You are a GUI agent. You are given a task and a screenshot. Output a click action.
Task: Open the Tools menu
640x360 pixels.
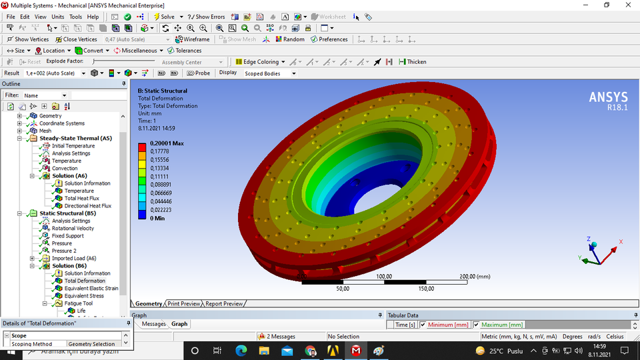pyautogui.click(x=75, y=17)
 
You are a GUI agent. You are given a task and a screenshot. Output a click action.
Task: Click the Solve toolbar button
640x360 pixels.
pyautogui.click(x=163, y=17)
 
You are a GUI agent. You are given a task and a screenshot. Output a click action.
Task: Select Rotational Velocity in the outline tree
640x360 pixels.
pyautogui.click(x=73, y=228)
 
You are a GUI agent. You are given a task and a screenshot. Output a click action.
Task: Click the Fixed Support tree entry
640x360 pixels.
pyautogui.click(x=67, y=236)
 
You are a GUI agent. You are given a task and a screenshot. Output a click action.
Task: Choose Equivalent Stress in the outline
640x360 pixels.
pyautogui.click(x=84, y=296)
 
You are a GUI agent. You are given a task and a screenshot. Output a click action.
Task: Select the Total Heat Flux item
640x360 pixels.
pyautogui.click(x=81, y=198)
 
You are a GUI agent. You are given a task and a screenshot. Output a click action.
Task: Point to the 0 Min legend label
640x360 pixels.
pyautogui.click(x=157, y=218)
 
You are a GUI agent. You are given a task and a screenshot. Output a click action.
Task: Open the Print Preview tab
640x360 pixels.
pyautogui.click(x=183, y=304)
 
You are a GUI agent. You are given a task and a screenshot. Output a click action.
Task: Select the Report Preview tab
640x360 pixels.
pyautogui.click(x=223, y=304)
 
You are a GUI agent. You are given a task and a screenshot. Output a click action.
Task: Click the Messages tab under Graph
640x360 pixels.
pyautogui.click(x=153, y=324)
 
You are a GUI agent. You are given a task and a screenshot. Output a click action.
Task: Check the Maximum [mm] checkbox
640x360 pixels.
pyautogui.click(x=476, y=325)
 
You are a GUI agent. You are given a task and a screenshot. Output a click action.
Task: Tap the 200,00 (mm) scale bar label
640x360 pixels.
pyautogui.click(x=474, y=276)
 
